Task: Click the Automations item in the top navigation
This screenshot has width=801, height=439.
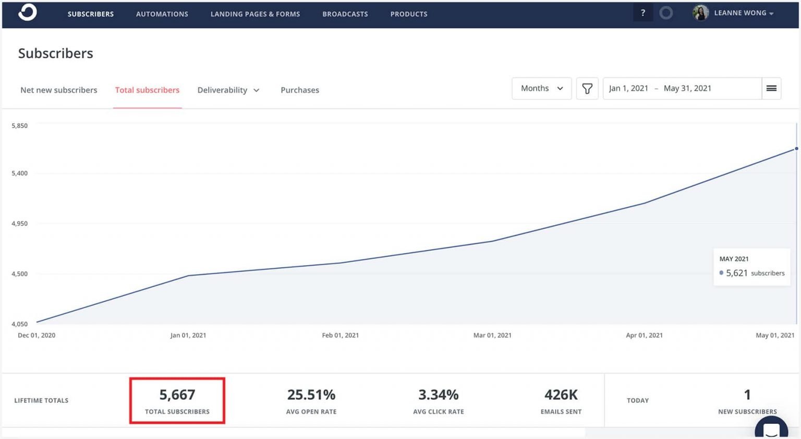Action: click(x=162, y=14)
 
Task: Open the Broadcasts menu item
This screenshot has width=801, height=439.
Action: click(x=345, y=14)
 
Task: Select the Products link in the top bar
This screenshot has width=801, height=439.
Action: click(x=408, y=14)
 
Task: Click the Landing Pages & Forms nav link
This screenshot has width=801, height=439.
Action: click(x=255, y=14)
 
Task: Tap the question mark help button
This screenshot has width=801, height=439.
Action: click(x=642, y=13)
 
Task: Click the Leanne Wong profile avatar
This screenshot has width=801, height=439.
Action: click(x=700, y=13)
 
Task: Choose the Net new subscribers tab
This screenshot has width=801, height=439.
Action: click(x=58, y=90)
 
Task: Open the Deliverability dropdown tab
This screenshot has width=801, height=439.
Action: click(x=228, y=90)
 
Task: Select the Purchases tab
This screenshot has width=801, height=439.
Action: click(x=299, y=90)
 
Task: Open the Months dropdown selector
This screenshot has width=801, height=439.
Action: click(x=541, y=88)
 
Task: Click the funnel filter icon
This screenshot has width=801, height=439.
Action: click(x=587, y=89)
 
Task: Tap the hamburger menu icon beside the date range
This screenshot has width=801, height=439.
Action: click(x=771, y=88)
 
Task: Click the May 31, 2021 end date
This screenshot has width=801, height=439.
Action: click(x=687, y=88)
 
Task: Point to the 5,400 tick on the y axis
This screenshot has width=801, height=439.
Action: click(x=19, y=173)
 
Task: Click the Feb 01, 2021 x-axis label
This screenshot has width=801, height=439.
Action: click(x=340, y=335)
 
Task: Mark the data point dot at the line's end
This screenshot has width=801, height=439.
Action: click(x=796, y=149)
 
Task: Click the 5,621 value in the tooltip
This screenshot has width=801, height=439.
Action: click(x=736, y=273)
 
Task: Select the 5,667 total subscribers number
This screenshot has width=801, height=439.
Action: click(x=177, y=395)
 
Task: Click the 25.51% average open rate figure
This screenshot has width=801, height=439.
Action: click(x=311, y=395)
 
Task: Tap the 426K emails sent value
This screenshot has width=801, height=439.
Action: click(x=561, y=395)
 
